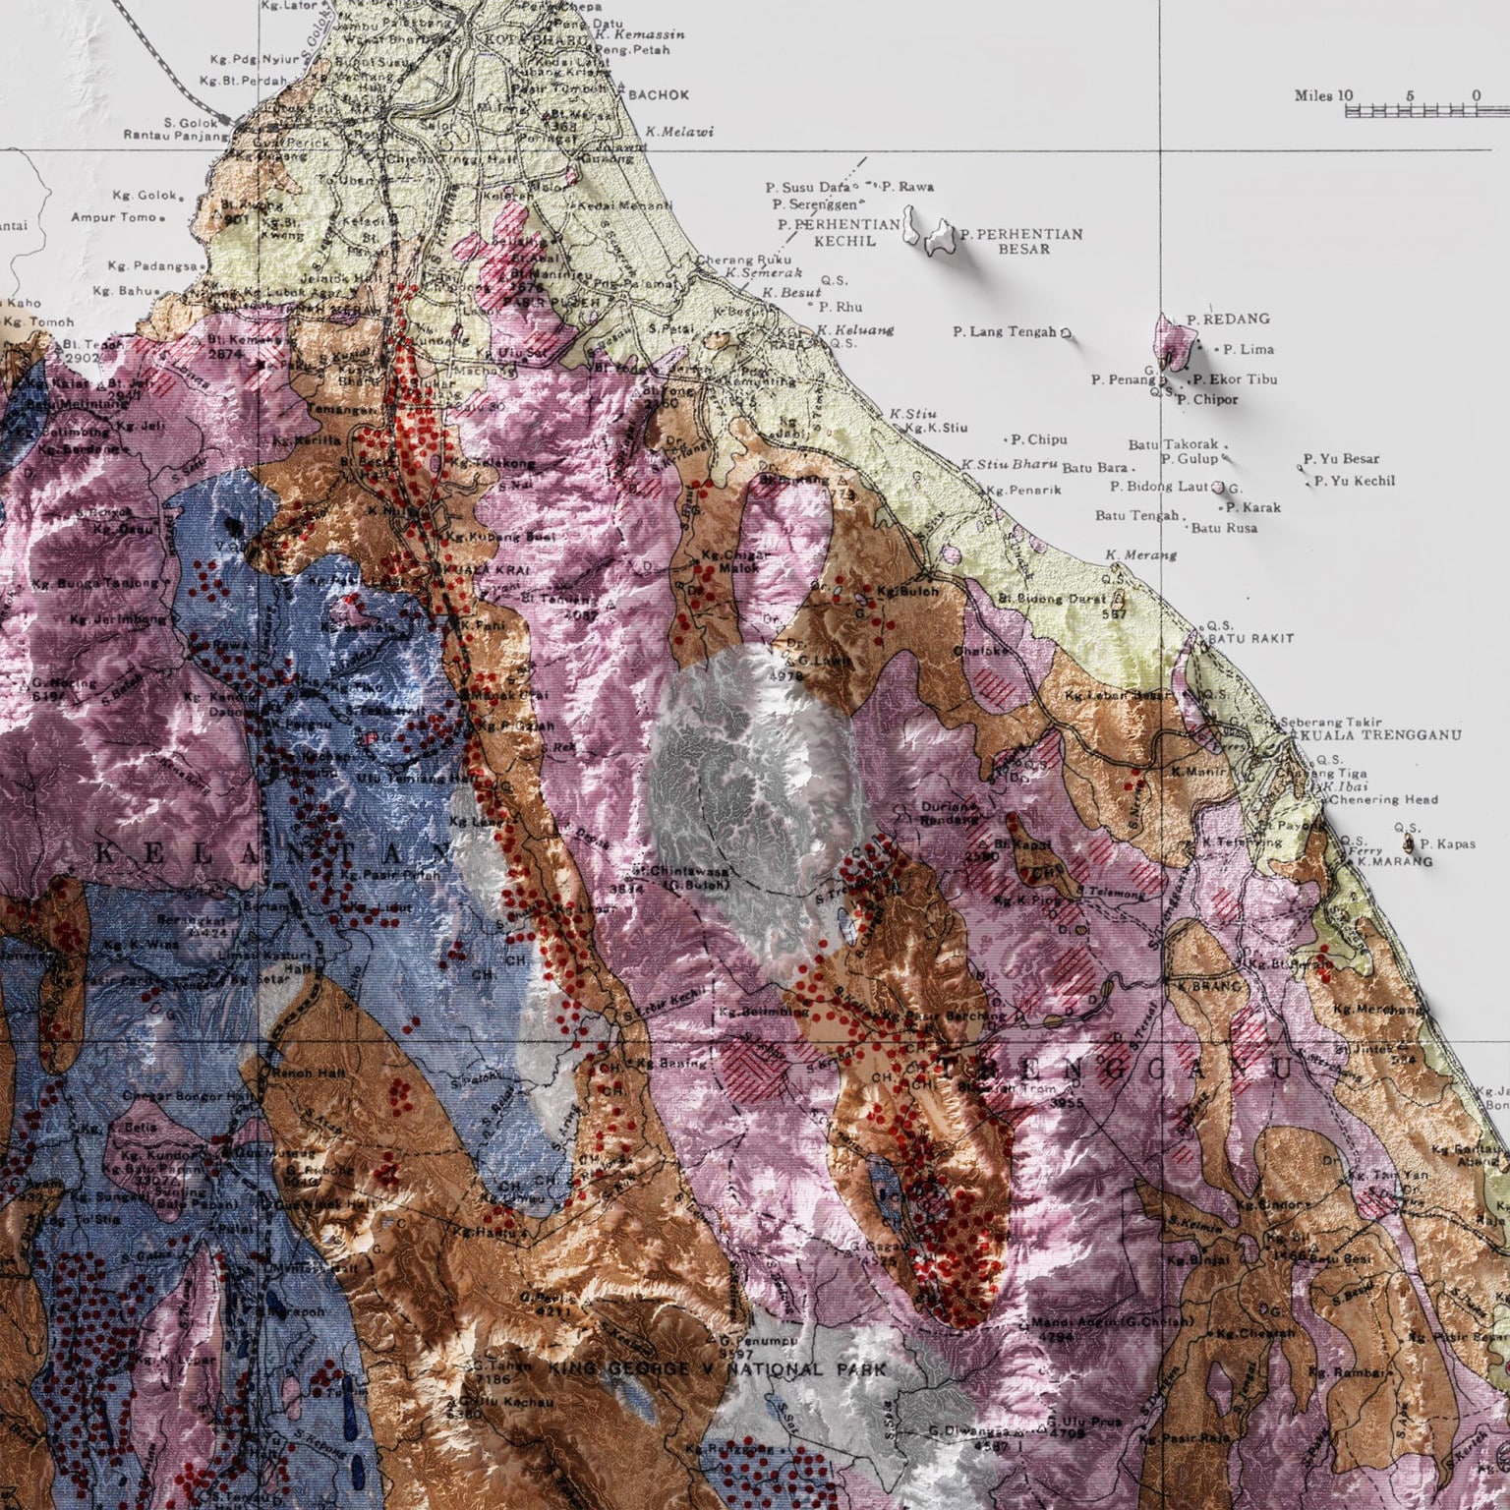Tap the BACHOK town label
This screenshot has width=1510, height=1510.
pos(658,95)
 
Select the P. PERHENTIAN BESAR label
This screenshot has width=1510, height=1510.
pos(1022,241)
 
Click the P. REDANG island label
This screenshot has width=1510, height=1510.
pos(1228,319)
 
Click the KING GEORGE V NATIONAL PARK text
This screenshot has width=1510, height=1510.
pos(717,1368)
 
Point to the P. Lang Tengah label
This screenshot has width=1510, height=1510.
pos(1004,332)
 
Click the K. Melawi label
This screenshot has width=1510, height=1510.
pos(679,132)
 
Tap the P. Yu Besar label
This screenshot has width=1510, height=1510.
pos(1341,458)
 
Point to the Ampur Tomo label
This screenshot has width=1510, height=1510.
pos(113,217)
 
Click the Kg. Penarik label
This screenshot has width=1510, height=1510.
pos(1023,490)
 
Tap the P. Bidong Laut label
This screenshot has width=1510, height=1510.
pos(1159,486)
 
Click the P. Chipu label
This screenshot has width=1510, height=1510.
pos(1038,439)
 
